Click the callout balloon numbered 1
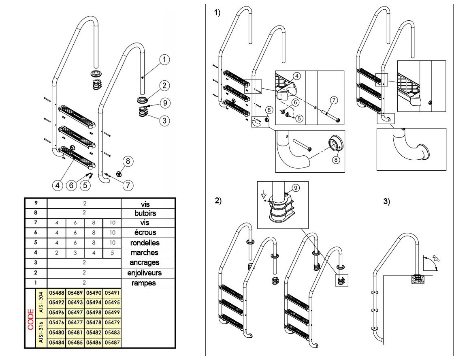coord(164,60)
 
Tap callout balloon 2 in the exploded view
coord(164,86)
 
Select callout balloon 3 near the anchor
coord(164,120)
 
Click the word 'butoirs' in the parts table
coord(145,213)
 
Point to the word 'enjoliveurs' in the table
coord(145,273)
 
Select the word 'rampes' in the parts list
coord(145,283)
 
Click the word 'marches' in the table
coord(145,253)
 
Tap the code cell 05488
coord(57,293)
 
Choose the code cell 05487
coord(112,343)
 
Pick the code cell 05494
coord(94,303)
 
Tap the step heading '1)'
coord(217,13)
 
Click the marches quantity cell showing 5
coord(112,253)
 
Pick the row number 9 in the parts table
coord(36,203)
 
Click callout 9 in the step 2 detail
coord(296,188)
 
